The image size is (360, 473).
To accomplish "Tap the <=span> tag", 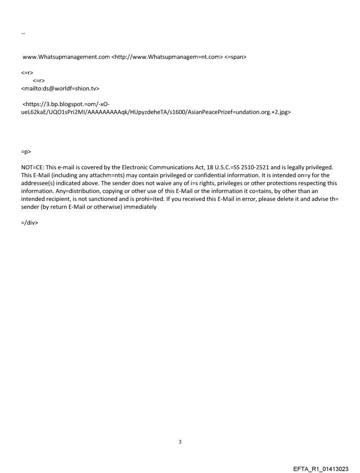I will coord(236,57).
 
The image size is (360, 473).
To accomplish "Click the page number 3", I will coord(180,442).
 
